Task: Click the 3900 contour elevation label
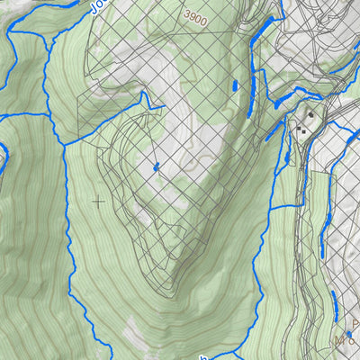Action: tap(194, 16)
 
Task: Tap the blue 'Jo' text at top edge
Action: tap(99, 7)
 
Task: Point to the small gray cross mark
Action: tap(98, 202)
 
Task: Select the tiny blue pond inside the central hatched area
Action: tap(156, 166)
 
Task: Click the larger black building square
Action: tap(311, 115)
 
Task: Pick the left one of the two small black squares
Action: tap(298, 129)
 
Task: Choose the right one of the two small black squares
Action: tap(305, 132)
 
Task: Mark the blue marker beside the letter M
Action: tap(349, 335)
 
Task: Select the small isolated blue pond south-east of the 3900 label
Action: tap(234, 86)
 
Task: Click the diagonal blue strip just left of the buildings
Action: tap(274, 131)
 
